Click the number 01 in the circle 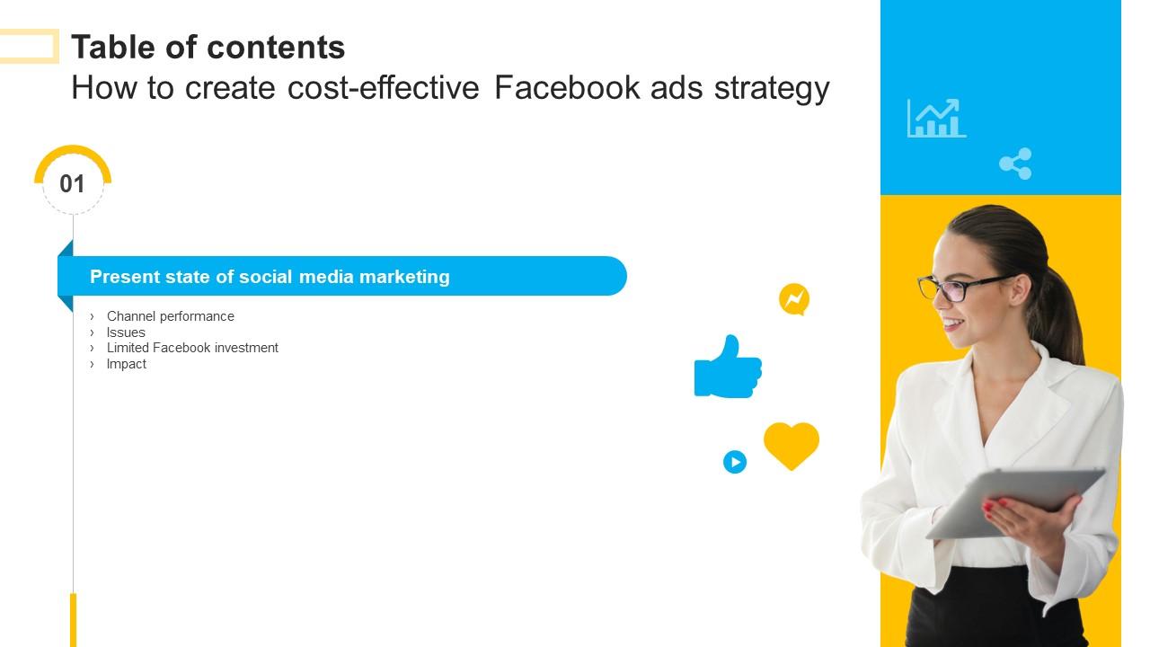(72, 184)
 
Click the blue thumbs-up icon (728, 368)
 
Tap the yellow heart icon (791, 444)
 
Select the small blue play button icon (735, 462)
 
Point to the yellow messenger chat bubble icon (794, 299)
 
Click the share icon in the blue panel (1015, 164)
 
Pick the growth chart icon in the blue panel (936, 118)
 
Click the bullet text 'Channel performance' (170, 316)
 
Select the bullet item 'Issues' (126, 332)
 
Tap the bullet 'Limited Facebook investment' (192, 348)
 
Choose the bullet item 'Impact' (127, 364)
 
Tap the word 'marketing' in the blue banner (404, 277)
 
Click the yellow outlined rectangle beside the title (29, 47)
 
